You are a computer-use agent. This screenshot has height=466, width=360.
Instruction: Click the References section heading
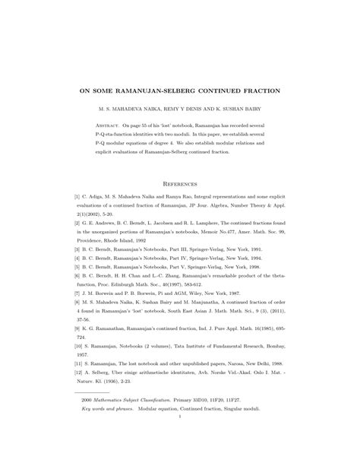click(180, 183)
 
